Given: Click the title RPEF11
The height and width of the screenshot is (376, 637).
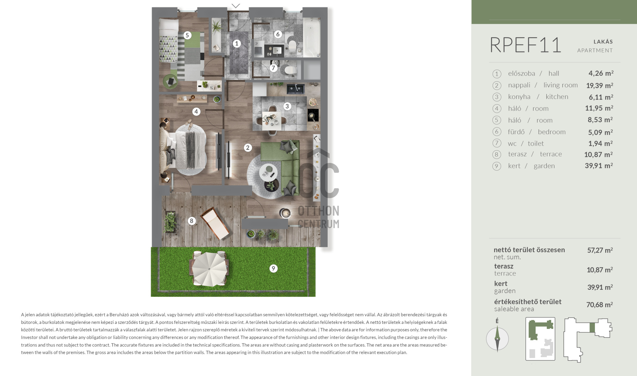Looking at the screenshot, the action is pos(526,45).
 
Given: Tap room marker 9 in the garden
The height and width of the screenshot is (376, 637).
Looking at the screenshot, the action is pos(273,268).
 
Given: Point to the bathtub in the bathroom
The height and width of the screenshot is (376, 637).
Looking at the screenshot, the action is pos(311,37).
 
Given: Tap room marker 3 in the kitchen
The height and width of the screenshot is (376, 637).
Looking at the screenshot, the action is pos(287,107).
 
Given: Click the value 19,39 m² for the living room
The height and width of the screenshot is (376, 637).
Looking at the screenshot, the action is pos(600,85).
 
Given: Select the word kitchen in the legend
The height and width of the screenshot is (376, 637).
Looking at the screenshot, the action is pos(557,97).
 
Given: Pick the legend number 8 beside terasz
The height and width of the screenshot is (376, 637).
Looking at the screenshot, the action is pos(497,154).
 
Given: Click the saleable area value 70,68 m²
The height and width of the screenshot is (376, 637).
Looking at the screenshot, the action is pos(600,305).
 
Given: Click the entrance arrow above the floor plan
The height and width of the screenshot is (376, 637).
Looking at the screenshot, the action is pos(236,6).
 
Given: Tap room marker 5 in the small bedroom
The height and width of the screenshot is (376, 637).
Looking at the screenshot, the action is pos(187,35).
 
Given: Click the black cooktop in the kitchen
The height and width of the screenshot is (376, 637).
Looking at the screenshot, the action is pos(313,115).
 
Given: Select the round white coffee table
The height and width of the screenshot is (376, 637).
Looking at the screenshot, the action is pos(268,172).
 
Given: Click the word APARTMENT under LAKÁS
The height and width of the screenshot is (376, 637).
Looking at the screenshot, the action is pos(595,50).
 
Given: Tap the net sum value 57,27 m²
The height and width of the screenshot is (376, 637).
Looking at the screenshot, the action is pos(600,250).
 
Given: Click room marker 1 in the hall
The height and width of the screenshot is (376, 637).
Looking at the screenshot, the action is pos(237,43).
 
